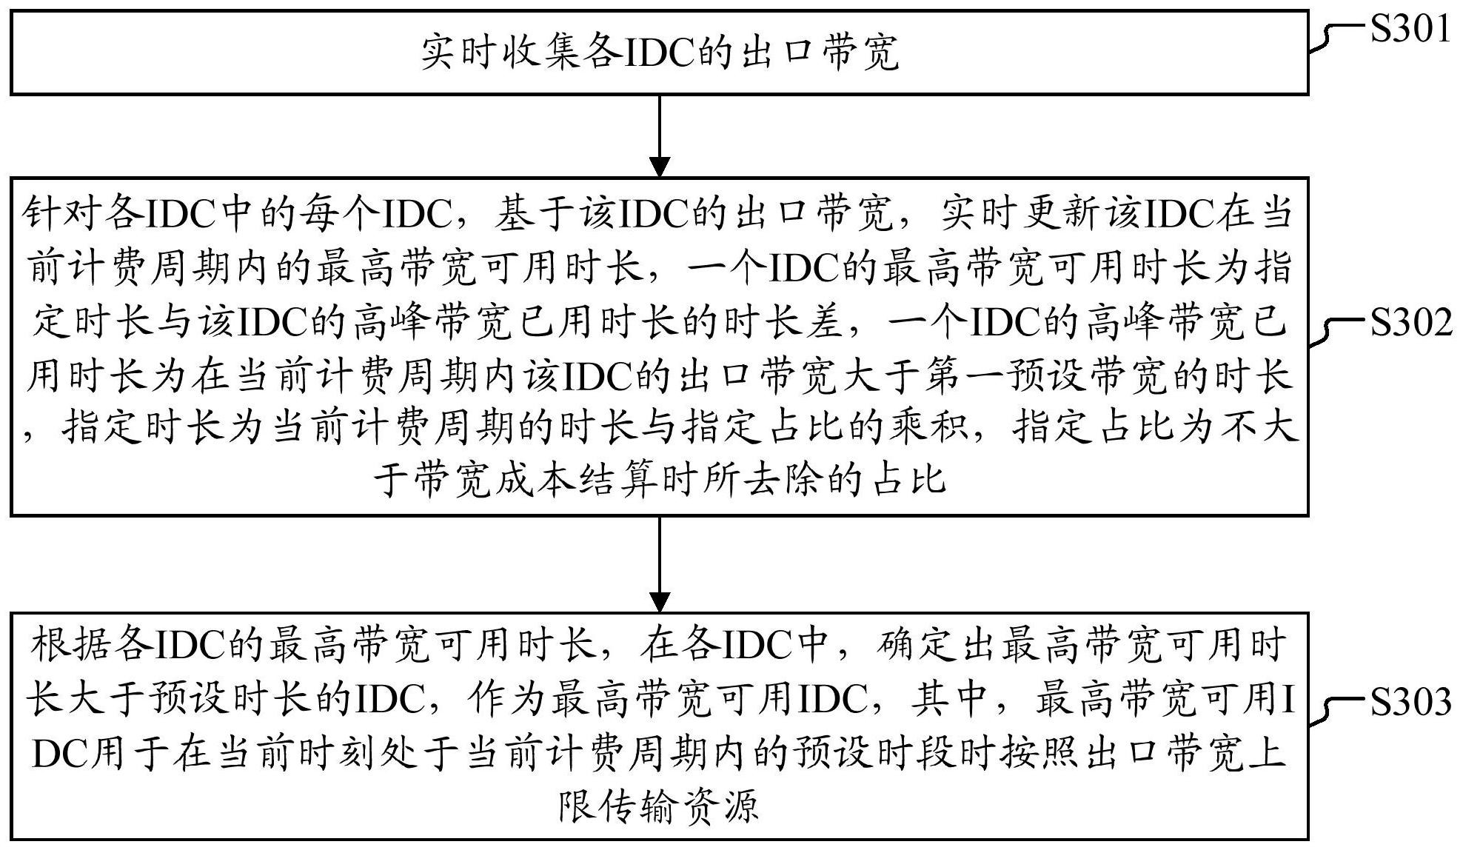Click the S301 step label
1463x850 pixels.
point(1410,30)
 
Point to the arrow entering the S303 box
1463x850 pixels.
point(659,563)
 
